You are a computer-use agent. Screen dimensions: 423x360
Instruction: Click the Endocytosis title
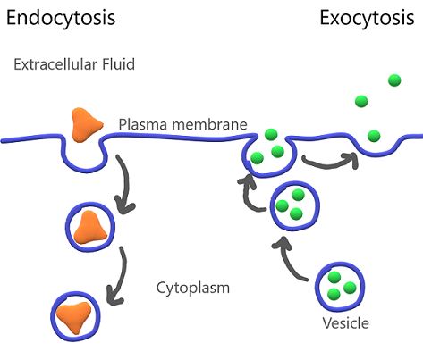61,19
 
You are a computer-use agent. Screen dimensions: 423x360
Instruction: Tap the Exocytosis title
367,19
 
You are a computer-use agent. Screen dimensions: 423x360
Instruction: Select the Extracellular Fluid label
74,64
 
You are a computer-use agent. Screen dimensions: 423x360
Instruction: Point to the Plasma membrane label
182,124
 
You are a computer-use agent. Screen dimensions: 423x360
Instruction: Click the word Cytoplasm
193,288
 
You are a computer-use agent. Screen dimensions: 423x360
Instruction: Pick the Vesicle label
346,323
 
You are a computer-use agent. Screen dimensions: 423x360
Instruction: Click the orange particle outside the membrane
87,124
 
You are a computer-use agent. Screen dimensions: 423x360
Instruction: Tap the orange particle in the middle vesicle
90,227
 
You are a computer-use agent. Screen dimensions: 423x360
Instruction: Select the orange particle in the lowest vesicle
74,317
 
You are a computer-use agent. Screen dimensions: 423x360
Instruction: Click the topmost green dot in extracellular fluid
394,80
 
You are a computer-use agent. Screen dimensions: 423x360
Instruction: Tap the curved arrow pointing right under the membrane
329,163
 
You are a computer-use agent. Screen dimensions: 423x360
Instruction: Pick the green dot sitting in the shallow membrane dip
374,136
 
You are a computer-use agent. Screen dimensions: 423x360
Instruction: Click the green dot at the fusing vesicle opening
271,135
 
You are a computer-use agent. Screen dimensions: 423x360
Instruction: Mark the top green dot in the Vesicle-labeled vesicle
334,277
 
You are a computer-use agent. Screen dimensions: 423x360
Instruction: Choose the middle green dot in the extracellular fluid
361,101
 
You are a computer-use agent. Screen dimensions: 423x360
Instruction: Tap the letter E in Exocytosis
326,18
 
